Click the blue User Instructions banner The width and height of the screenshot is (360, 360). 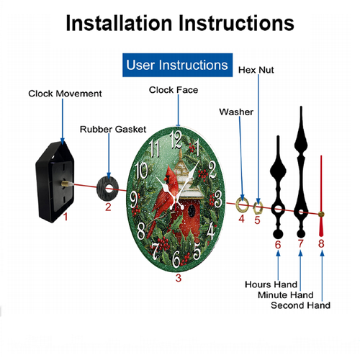click(x=177, y=65)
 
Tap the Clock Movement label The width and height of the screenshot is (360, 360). click(x=65, y=94)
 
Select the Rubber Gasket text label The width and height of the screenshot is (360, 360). click(x=113, y=130)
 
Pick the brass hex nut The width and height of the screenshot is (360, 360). click(x=254, y=208)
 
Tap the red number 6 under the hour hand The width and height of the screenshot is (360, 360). click(x=278, y=245)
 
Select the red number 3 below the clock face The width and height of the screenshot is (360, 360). click(x=178, y=278)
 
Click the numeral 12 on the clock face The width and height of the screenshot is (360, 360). click(x=176, y=140)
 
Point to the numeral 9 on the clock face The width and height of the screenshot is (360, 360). click(x=134, y=200)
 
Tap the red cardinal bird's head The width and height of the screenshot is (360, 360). click(x=170, y=174)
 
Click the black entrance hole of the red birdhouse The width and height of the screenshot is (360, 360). click(x=192, y=211)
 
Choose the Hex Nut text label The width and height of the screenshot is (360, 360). click(x=256, y=70)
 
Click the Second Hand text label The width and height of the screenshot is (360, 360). click(x=300, y=305)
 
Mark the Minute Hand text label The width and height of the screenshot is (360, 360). click(x=286, y=295)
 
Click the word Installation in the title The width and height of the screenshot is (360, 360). click(x=120, y=23)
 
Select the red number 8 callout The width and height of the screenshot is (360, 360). click(x=321, y=243)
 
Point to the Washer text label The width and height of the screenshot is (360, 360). click(x=236, y=112)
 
